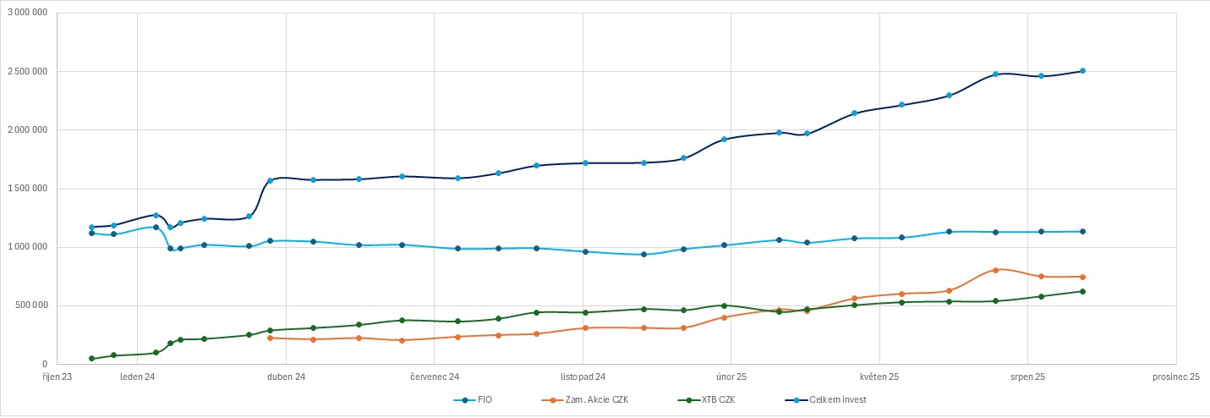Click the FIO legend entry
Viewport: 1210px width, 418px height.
point(482,399)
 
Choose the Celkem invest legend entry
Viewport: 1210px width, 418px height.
point(837,399)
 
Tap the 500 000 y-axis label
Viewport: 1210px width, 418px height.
point(30,305)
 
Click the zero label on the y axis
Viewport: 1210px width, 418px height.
point(45,364)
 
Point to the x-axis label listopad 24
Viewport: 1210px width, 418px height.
point(583,377)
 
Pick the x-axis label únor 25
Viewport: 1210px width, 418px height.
point(731,377)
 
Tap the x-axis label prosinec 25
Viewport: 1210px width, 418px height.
point(1176,377)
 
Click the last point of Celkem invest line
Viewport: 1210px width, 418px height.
point(1082,71)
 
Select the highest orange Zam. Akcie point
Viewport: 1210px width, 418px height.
point(996,270)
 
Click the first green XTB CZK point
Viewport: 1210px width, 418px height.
point(91,359)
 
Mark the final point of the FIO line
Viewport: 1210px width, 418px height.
point(1082,231)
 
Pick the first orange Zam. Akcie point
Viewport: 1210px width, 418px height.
point(270,338)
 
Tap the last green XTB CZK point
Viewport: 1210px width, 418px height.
point(1082,291)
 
